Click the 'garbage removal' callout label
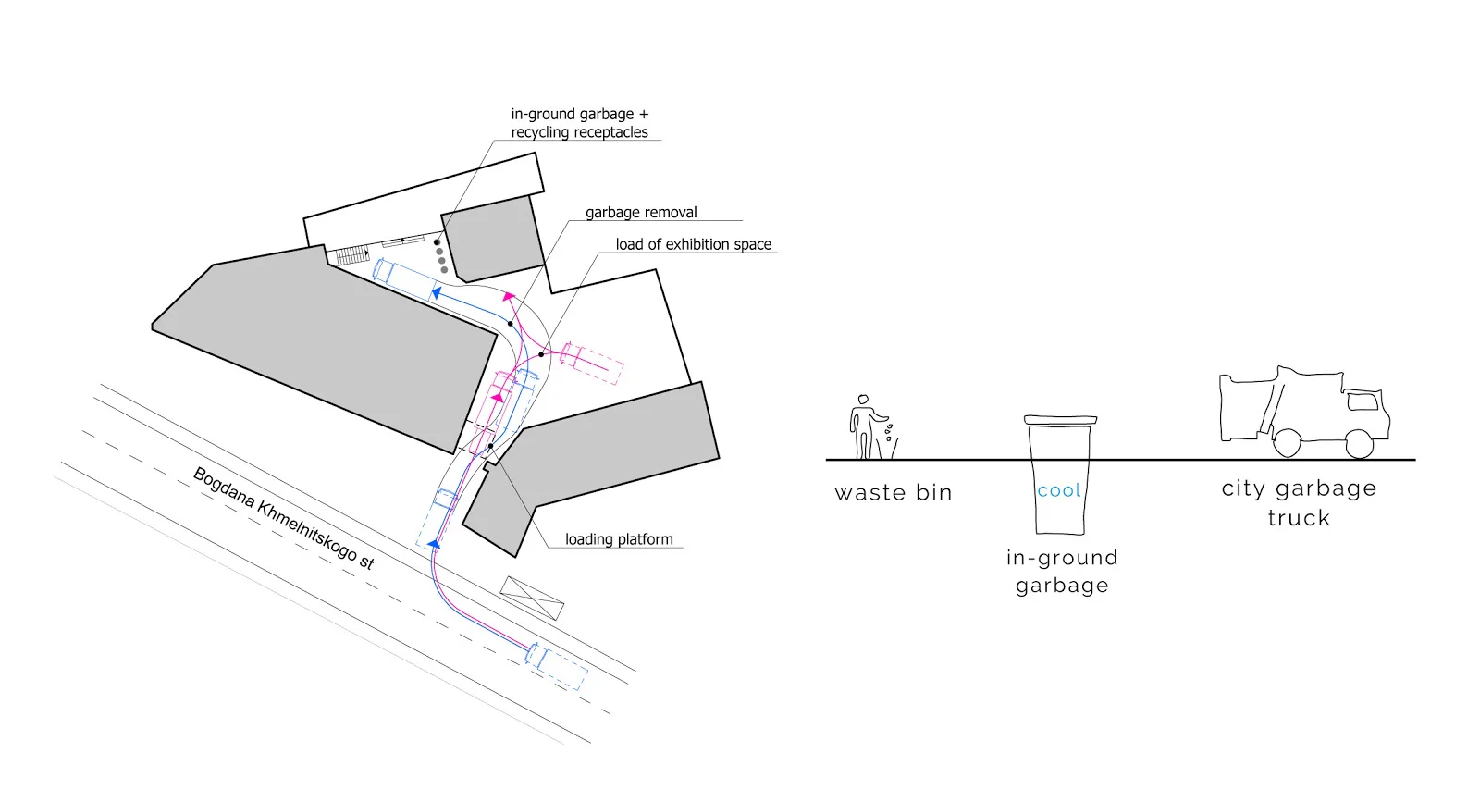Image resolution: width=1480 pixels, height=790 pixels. (641, 212)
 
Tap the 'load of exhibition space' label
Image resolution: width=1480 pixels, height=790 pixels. (694, 244)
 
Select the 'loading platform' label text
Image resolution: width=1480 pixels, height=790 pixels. (619, 539)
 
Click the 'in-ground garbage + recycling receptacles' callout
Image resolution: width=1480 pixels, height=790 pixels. (579, 123)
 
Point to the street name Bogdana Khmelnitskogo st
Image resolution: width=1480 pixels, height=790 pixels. (284, 519)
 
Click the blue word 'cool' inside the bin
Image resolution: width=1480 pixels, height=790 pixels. (1059, 490)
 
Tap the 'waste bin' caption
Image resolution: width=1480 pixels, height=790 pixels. (894, 493)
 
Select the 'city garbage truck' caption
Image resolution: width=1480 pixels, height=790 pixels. (1299, 502)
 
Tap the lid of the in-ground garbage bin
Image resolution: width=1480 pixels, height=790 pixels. (1060, 420)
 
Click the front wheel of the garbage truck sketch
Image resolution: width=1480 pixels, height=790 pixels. (1359, 444)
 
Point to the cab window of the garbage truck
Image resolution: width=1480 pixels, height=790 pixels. (1363, 401)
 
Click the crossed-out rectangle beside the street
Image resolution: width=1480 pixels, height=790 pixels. (532, 599)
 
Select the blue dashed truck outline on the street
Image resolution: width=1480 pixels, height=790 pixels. (556, 666)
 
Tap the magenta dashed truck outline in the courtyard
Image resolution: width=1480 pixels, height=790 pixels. (591, 363)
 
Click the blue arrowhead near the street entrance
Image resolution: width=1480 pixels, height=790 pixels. (434, 543)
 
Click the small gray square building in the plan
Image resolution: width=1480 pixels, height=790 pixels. (493, 239)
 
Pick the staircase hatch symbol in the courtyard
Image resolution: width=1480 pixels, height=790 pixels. (351, 254)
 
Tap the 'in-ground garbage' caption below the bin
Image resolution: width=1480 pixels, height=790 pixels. (1063, 572)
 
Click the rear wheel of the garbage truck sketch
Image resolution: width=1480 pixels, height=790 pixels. (1287, 442)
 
